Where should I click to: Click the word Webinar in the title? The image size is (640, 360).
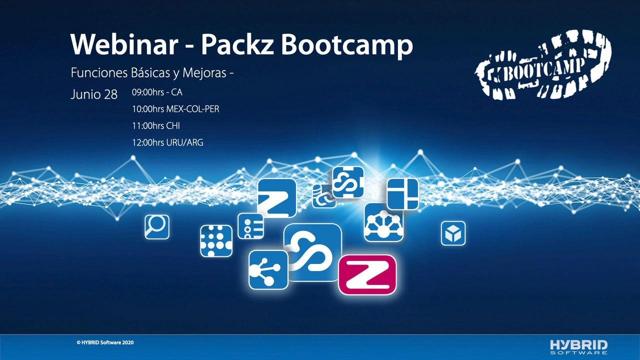click(124, 45)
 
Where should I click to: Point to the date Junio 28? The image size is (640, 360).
click(94, 94)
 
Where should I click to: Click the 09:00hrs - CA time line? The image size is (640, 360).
click(157, 92)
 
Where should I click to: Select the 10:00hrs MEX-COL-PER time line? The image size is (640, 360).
click(175, 109)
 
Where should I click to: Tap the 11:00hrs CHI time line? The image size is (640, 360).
click(155, 126)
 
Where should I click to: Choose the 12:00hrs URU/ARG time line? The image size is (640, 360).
click(167, 143)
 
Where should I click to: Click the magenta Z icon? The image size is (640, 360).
click(367, 275)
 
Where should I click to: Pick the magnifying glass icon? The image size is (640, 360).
click(156, 227)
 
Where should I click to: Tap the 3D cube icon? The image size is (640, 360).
click(453, 233)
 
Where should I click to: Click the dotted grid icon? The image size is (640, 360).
click(216, 241)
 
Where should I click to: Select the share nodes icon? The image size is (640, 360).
click(268, 270)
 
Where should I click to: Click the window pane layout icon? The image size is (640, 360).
click(402, 194)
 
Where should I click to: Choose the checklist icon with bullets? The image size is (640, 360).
click(250, 226)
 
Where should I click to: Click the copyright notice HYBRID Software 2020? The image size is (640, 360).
click(105, 342)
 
